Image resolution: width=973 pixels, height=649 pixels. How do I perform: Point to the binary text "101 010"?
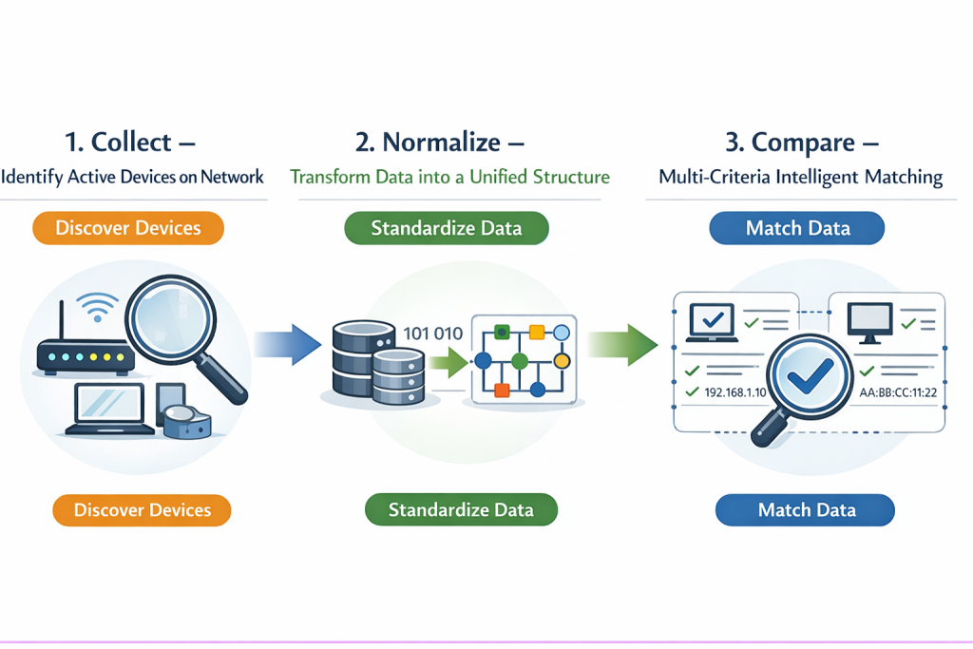pyautogui.click(x=432, y=334)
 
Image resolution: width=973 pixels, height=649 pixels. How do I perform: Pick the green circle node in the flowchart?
pyautogui.click(x=519, y=361)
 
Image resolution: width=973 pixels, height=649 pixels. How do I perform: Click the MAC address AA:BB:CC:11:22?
pyautogui.click(x=891, y=392)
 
